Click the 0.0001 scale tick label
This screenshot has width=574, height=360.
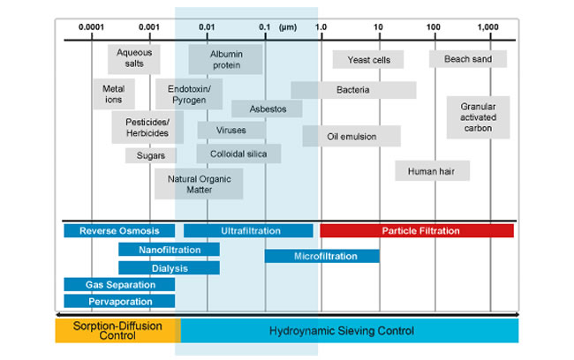click(x=91, y=27)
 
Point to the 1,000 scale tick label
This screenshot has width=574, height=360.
click(x=488, y=27)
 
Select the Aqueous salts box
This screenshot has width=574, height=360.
click(x=134, y=59)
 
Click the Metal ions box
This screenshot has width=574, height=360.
click(x=113, y=94)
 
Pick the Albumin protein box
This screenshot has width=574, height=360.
click(x=225, y=60)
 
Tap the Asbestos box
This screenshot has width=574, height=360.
click(x=267, y=109)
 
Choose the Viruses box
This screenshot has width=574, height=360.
click(x=230, y=131)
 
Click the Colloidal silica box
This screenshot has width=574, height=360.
click(x=238, y=154)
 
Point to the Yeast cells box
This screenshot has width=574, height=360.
click(x=367, y=60)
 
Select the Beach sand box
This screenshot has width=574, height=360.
click(x=468, y=59)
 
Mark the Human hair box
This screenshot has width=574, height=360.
click(x=432, y=170)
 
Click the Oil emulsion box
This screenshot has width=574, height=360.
click(x=351, y=137)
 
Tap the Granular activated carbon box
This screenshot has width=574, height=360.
click(x=477, y=117)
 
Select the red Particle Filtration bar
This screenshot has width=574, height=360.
click(x=416, y=231)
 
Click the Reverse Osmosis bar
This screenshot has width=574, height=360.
click(x=119, y=231)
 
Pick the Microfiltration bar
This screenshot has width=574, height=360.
click(x=321, y=256)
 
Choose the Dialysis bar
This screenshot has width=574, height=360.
click(x=169, y=267)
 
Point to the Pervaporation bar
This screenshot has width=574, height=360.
click(x=119, y=302)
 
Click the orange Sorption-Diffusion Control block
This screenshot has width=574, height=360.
click(x=117, y=331)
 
